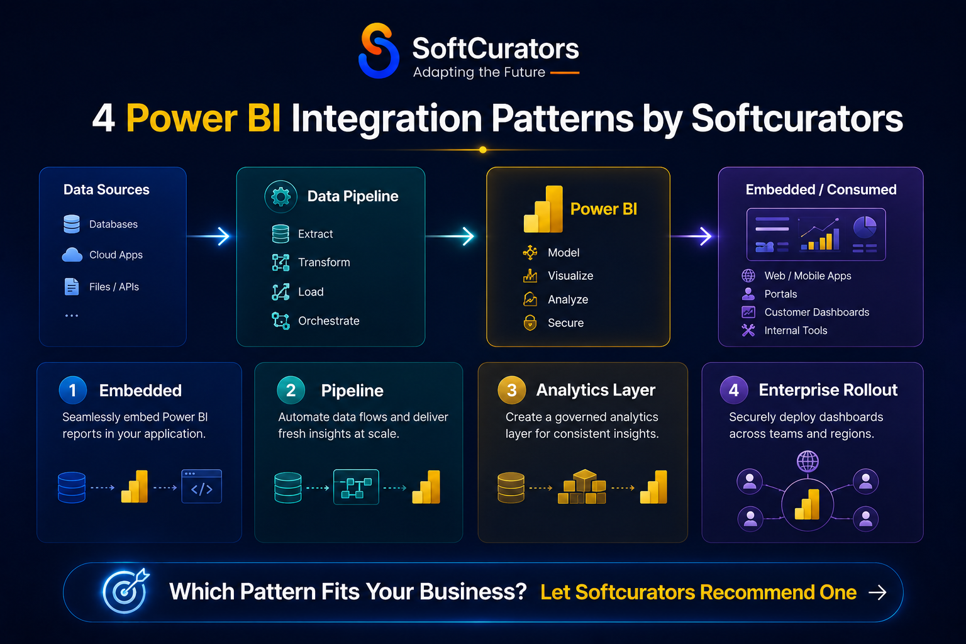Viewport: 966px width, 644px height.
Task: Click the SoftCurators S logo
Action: pos(379,50)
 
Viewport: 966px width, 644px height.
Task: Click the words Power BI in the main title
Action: pos(204,118)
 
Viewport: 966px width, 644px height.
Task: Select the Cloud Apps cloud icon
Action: pos(72,255)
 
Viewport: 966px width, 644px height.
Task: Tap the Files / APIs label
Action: pos(114,287)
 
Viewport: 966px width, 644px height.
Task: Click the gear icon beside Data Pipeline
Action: pos(280,197)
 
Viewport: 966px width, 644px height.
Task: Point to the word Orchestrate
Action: pos(329,321)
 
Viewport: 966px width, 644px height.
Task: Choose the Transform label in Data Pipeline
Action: pos(324,262)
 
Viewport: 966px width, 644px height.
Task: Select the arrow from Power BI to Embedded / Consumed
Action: pos(691,236)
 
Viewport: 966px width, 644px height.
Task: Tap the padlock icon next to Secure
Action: pos(530,323)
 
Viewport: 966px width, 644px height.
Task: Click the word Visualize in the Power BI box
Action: pos(570,275)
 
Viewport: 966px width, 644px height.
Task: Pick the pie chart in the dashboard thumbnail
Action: pos(865,227)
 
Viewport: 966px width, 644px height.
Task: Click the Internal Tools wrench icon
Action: pos(748,330)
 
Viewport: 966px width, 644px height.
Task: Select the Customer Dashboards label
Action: pos(817,313)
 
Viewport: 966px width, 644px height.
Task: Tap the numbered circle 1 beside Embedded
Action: pos(72,390)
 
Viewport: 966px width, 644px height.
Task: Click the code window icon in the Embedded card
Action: pos(201,486)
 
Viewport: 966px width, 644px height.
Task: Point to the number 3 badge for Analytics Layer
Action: pos(511,390)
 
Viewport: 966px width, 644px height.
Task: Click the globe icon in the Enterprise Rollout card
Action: pos(808,461)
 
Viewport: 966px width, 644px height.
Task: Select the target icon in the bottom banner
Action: pos(126,591)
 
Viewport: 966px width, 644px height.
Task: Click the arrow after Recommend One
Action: pos(877,592)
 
